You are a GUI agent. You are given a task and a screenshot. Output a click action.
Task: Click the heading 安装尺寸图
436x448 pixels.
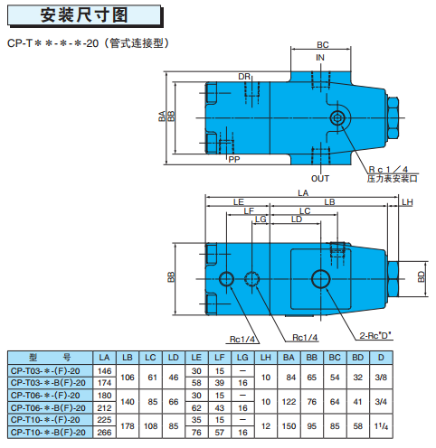[x=84, y=15]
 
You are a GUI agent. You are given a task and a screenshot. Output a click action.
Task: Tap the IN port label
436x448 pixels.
[x=320, y=58]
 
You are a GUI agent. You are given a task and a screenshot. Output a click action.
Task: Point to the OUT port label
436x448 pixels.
[x=320, y=179]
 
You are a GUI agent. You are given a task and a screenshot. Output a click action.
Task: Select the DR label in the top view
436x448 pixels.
[x=244, y=77]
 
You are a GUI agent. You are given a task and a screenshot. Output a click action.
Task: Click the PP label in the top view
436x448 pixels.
[x=234, y=159]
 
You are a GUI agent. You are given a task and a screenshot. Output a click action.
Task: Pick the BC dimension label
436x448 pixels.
[x=323, y=45]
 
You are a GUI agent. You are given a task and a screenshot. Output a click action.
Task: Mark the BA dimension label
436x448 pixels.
[x=162, y=116]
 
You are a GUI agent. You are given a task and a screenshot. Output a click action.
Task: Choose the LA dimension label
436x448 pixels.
[x=303, y=193]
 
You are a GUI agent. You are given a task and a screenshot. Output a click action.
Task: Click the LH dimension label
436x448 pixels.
[x=407, y=202]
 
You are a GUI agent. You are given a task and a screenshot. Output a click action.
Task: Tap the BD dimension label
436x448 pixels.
[x=422, y=276]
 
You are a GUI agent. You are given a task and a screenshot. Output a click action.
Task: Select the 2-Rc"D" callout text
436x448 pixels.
[x=375, y=335]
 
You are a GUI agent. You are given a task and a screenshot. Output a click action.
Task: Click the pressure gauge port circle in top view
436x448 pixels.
[x=336, y=117]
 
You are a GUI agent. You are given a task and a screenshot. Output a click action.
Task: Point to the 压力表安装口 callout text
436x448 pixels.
[x=392, y=179]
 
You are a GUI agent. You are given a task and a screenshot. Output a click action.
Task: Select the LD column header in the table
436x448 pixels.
[x=174, y=358]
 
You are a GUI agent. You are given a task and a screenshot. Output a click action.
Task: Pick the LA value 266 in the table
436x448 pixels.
[x=104, y=433]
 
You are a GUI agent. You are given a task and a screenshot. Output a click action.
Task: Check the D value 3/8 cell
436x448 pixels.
[x=381, y=378]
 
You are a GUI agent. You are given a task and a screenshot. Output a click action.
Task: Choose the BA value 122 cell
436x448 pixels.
[x=289, y=402]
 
